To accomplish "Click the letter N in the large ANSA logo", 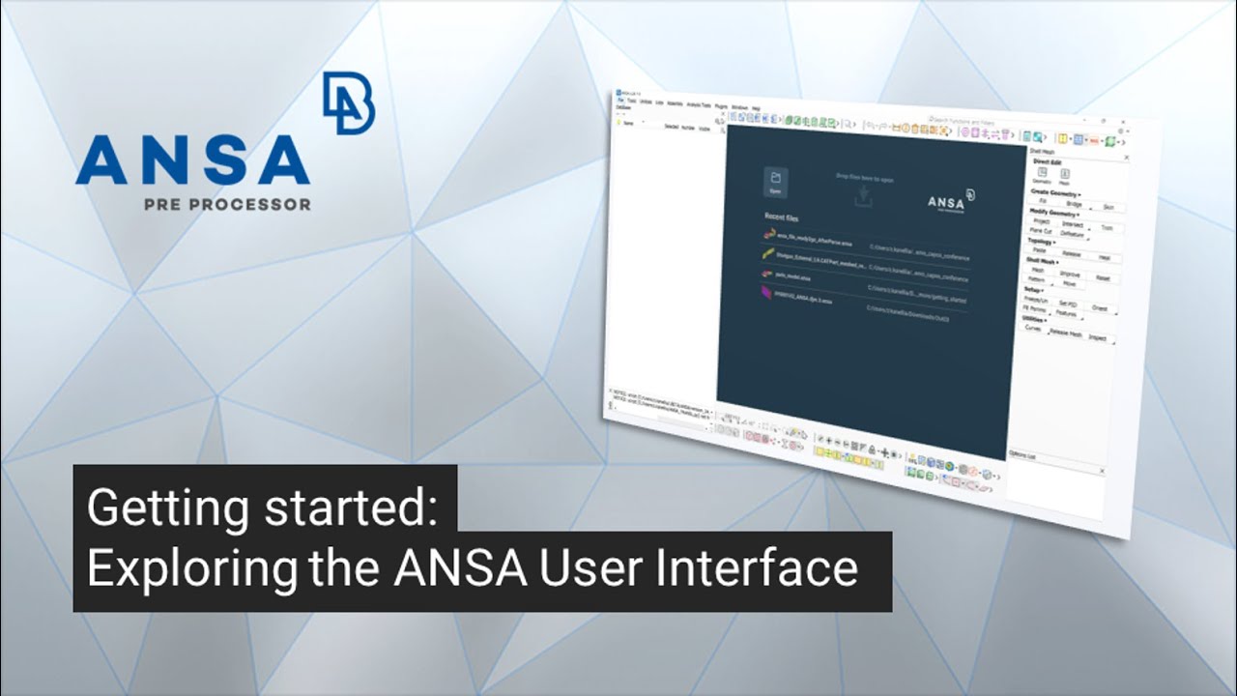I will (159, 160).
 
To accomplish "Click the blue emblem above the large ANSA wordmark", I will (349, 102).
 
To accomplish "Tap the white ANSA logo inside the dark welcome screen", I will (950, 200).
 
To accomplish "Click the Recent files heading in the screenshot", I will (782, 218).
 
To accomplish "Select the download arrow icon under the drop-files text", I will (863, 197).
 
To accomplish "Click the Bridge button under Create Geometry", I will (1074, 204).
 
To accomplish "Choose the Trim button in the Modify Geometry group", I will (1106, 228).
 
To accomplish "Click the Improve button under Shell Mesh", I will (1069, 275).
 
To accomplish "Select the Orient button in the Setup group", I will (1099, 307).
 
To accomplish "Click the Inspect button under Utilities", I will (1097, 338).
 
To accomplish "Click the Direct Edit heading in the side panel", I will (1047, 162).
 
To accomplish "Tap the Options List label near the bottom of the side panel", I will (1021, 454).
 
